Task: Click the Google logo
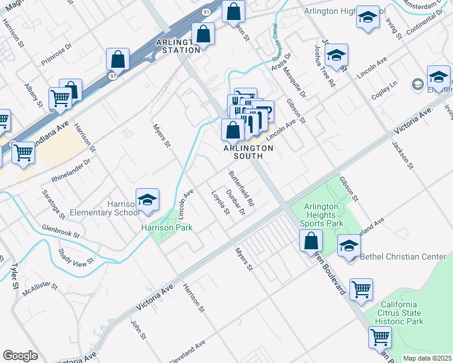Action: [x=20, y=356]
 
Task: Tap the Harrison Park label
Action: [x=167, y=228]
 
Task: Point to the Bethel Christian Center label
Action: [x=403, y=257]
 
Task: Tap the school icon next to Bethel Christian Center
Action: [x=349, y=247]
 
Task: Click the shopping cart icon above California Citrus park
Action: [x=362, y=289]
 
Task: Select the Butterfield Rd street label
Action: [x=241, y=190]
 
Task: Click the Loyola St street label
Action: [x=220, y=203]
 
